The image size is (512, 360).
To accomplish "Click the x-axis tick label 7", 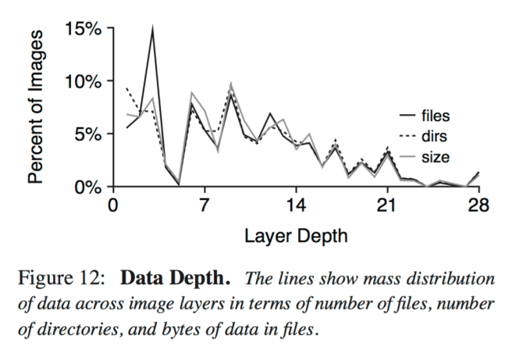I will (x=204, y=205).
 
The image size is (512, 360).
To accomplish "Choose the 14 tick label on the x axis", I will (x=295, y=205).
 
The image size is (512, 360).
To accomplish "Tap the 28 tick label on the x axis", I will (x=478, y=205).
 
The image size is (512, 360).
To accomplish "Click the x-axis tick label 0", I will (x=113, y=205).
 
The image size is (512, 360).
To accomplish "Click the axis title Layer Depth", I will (x=296, y=234).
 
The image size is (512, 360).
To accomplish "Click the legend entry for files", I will (x=436, y=116).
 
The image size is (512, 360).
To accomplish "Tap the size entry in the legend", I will (x=435, y=157).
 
